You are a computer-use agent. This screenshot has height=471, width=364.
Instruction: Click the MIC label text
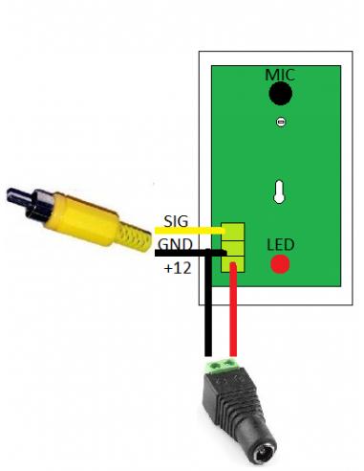pyautogui.click(x=280, y=75)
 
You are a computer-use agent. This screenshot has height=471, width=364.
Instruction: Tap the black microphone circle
pyautogui.click(x=280, y=93)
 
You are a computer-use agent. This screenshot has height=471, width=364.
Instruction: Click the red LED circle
pyautogui.click(x=280, y=264)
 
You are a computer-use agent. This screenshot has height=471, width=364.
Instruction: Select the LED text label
pyautogui.click(x=280, y=245)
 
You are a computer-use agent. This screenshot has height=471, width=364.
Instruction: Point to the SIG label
pyautogui.click(x=176, y=221)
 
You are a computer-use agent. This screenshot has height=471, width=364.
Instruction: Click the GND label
pyautogui.click(x=175, y=245)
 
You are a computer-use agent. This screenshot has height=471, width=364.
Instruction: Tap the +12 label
pyautogui.click(x=178, y=269)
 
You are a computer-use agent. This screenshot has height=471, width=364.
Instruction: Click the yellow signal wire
pyautogui.click(x=190, y=230)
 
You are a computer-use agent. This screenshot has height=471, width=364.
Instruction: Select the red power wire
pyautogui.click(x=233, y=309)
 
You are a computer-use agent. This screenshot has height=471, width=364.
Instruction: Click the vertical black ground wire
pyautogui.click(x=208, y=303)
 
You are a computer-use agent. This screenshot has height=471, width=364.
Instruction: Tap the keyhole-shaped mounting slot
pyautogui.click(x=279, y=191)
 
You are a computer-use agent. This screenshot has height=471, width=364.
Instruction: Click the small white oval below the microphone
pyautogui.click(x=280, y=122)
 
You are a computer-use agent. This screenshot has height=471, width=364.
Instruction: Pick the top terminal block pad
pyautogui.click(x=233, y=232)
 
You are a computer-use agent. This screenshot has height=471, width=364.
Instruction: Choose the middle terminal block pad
pyautogui.click(x=233, y=248)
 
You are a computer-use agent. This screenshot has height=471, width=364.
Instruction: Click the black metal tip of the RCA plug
pyautogui.click(x=19, y=197)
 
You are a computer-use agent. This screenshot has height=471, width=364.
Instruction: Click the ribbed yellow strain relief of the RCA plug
pyautogui.click(x=133, y=237)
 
